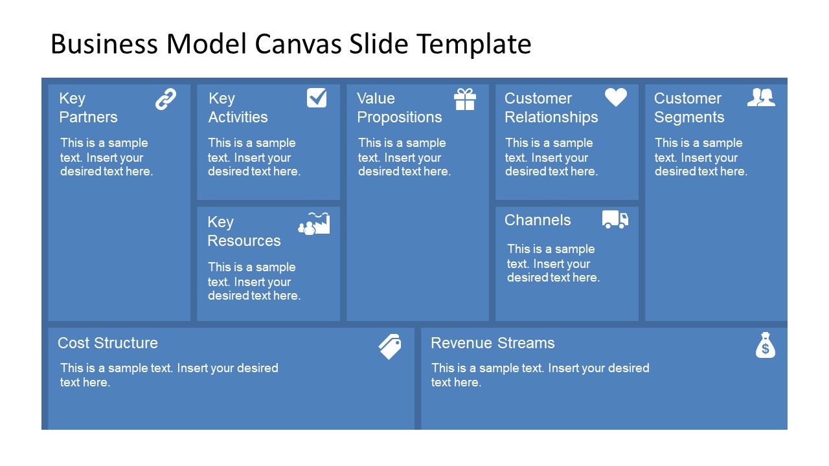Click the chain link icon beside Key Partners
(x=166, y=99)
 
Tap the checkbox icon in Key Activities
(x=317, y=98)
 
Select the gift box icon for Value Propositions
(x=465, y=99)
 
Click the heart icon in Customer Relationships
(x=616, y=98)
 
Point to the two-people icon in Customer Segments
(x=761, y=97)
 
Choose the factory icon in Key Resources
(x=314, y=223)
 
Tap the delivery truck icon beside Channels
(x=615, y=219)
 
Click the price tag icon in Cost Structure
(x=390, y=346)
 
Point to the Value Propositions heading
(x=400, y=107)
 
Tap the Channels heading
(x=538, y=220)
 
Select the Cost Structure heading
(x=108, y=343)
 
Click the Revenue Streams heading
(x=493, y=343)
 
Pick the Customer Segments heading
(x=688, y=107)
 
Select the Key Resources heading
(x=244, y=231)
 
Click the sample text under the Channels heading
(x=553, y=263)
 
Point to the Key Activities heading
(x=238, y=107)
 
